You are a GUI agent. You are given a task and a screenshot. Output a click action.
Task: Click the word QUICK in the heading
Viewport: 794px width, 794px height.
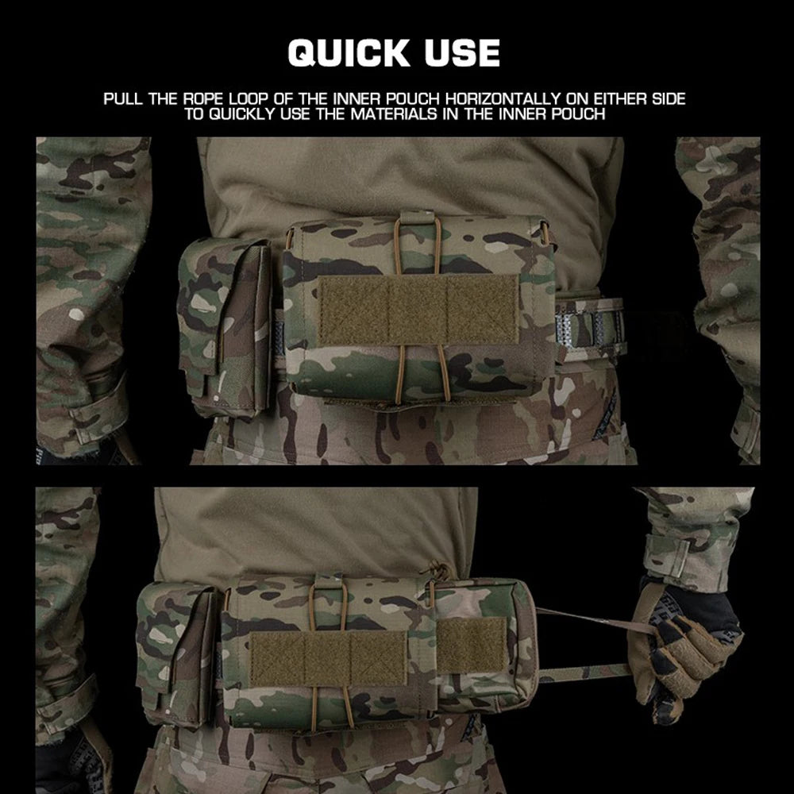pyautogui.click(x=349, y=52)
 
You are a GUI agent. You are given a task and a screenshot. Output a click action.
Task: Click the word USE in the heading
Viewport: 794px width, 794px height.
pyautogui.click(x=462, y=52)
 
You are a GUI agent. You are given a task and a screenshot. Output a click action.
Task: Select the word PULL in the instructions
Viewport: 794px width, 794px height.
pyautogui.click(x=123, y=98)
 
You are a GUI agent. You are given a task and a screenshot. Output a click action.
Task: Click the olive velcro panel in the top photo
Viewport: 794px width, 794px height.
pyautogui.click(x=418, y=309)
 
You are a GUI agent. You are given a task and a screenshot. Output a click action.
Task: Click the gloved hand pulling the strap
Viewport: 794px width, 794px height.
pyautogui.click(x=684, y=648)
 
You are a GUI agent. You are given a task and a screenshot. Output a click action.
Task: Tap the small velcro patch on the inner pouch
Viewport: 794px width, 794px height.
pyautogui.click(x=472, y=646)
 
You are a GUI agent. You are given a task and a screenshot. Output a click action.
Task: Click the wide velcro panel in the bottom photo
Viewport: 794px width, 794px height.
pyautogui.click(x=328, y=659)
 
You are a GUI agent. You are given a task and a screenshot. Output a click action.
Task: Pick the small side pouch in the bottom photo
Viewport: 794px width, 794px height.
pyautogui.click(x=178, y=653)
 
